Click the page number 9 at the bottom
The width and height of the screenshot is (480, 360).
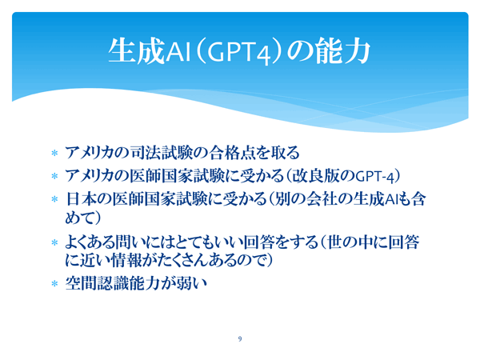pyautogui.click(x=240, y=338)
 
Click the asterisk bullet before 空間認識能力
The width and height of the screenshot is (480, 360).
pyautogui.click(x=54, y=284)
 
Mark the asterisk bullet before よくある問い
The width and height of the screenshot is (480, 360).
pyautogui.click(x=54, y=242)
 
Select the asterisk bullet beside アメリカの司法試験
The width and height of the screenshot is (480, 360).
pyautogui.click(x=54, y=153)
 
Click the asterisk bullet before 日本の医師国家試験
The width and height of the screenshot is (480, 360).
pyautogui.click(x=54, y=199)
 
